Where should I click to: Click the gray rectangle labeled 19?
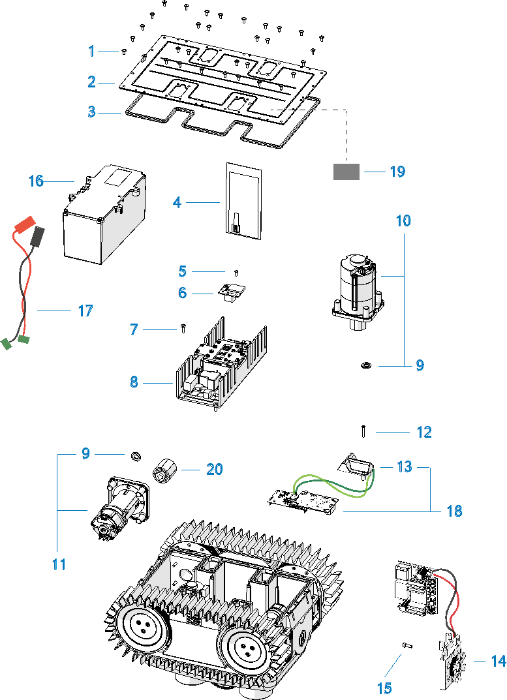coord(346,172)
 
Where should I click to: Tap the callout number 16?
coord(36,181)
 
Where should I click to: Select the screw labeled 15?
coord(405,645)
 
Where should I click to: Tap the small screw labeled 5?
coord(236,272)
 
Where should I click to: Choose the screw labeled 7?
coord(183,328)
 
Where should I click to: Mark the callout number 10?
coord(404,221)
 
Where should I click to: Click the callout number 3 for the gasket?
coord(92,112)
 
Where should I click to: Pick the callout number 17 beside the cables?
coord(85,311)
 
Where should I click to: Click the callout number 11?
coord(59,564)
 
